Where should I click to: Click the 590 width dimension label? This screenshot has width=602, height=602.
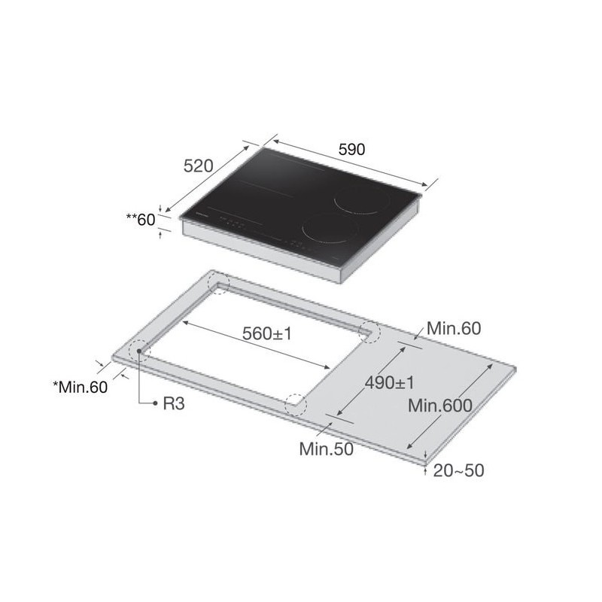[x=351, y=149]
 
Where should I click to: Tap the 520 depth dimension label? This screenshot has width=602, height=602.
[x=198, y=166]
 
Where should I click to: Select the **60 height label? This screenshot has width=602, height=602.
[x=141, y=220]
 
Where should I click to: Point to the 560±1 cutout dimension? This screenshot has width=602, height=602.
[x=267, y=333]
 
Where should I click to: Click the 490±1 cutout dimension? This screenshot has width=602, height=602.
[x=390, y=383]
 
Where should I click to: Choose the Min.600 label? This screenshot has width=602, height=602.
[x=440, y=406]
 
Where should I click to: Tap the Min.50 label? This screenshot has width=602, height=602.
[x=327, y=448]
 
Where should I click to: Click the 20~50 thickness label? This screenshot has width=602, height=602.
[x=458, y=471]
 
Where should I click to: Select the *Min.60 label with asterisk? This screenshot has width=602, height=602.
[x=81, y=387]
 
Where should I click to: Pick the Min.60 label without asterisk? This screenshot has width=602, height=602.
[x=454, y=328]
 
